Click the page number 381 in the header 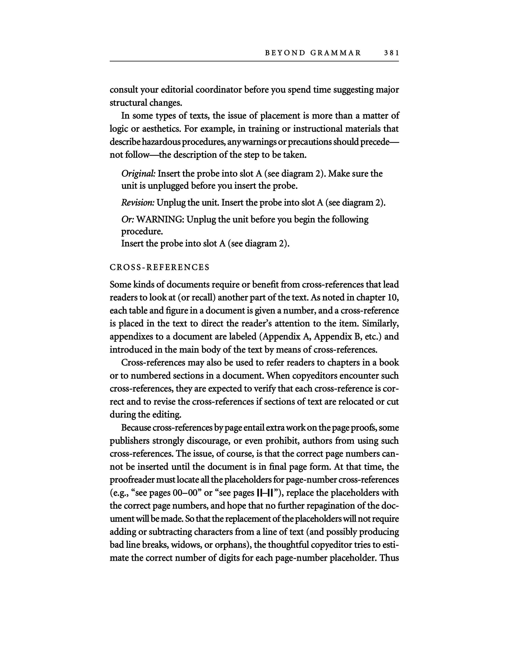391,53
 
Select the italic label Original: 138,174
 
